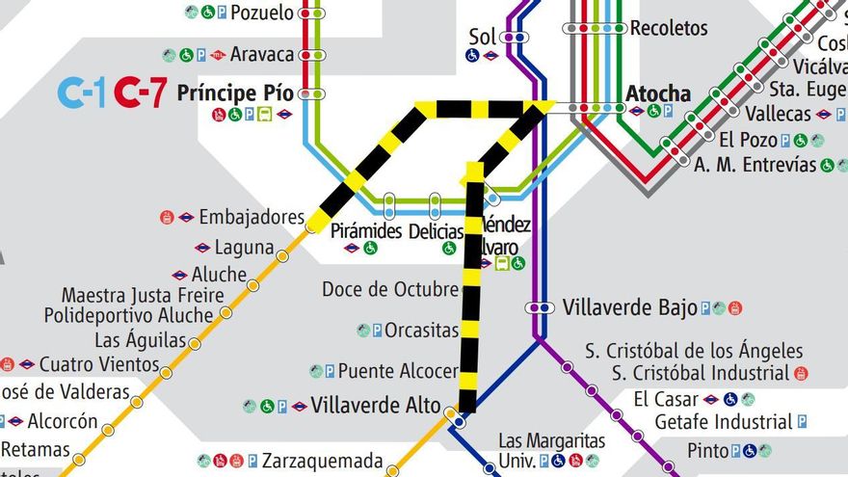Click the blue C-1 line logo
(82, 93)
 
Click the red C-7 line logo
(140, 93)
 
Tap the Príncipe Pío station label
(235, 93)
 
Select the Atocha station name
(658, 93)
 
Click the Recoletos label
(669, 28)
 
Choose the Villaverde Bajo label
(629, 307)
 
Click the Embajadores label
(252, 217)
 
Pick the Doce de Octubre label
(390, 289)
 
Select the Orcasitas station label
(421, 331)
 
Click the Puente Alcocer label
(397, 371)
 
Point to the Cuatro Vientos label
(99, 364)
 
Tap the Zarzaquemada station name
(322, 461)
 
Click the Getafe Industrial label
(723, 421)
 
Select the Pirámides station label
(365, 231)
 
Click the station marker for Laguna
(282, 256)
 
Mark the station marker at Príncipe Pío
(311, 93)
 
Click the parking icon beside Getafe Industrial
(802, 422)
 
